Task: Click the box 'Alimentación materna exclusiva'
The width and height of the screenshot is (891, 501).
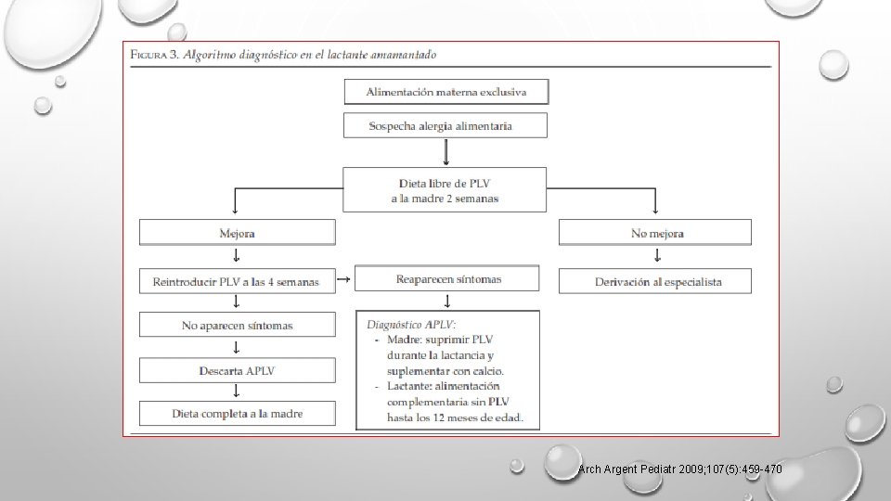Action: click(x=445, y=92)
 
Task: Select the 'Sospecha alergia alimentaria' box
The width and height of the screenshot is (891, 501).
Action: click(x=445, y=125)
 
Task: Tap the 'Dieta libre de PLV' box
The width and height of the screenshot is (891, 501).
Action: click(x=445, y=189)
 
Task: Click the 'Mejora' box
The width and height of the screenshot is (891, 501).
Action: click(x=237, y=233)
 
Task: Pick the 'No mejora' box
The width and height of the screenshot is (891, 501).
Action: click(x=655, y=233)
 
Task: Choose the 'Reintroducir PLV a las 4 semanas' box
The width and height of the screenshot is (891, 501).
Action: click(x=237, y=281)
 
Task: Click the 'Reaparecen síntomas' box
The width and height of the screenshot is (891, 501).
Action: click(x=446, y=278)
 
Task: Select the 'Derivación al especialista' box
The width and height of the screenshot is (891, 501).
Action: click(x=655, y=281)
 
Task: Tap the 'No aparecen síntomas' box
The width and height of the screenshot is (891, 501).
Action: click(x=237, y=325)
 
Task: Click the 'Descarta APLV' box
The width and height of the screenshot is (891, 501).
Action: click(x=237, y=370)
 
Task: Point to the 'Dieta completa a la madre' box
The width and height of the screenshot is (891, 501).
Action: click(x=237, y=413)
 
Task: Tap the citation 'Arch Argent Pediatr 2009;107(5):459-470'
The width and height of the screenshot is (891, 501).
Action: click(x=679, y=470)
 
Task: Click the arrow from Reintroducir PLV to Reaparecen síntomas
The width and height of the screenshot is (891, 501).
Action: click(x=342, y=278)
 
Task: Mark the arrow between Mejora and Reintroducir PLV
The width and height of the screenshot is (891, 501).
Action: click(x=237, y=257)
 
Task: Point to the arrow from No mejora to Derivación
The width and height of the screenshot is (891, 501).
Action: click(x=655, y=257)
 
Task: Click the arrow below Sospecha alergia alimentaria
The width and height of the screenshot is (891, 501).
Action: click(x=445, y=151)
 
